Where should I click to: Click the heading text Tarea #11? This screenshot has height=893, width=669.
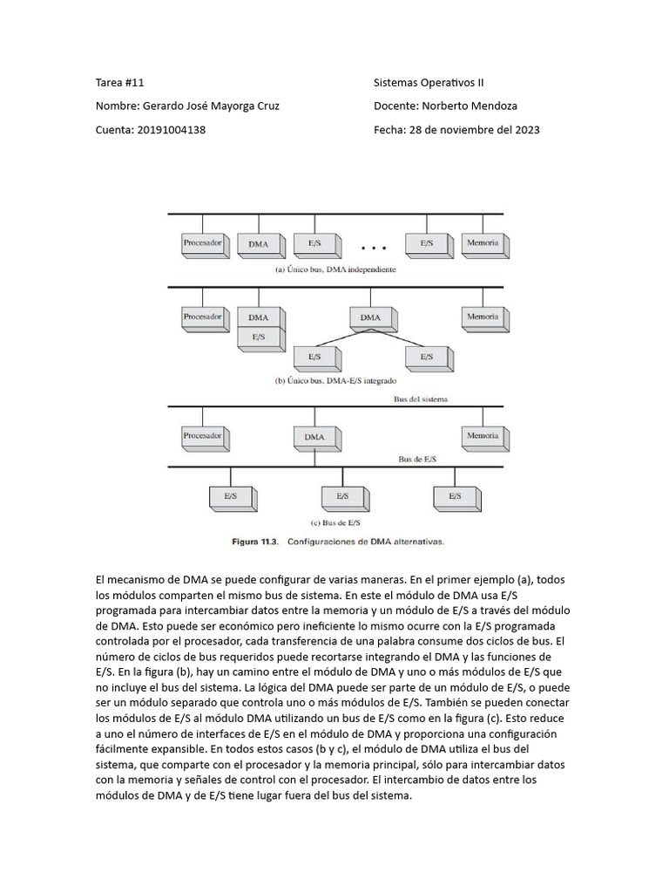(x=119, y=83)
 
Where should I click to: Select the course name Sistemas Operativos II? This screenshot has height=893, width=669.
(x=429, y=83)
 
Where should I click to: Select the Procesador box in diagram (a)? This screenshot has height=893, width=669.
(x=203, y=243)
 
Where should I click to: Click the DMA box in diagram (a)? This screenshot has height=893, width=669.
(x=259, y=244)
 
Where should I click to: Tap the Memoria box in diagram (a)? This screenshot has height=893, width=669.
(x=483, y=243)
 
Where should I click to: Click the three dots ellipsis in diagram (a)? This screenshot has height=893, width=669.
(x=373, y=248)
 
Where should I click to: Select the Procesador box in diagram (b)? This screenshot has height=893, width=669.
(x=203, y=317)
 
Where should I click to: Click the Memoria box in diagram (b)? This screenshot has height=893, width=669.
(x=483, y=317)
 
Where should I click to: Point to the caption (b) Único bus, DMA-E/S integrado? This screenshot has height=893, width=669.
(x=335, y=381)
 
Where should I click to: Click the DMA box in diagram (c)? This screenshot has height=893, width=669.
(x=314, y=437)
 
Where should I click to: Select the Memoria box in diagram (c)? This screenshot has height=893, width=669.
(x=483, y=435)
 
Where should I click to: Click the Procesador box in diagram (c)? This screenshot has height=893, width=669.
(x=203, y=435)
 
